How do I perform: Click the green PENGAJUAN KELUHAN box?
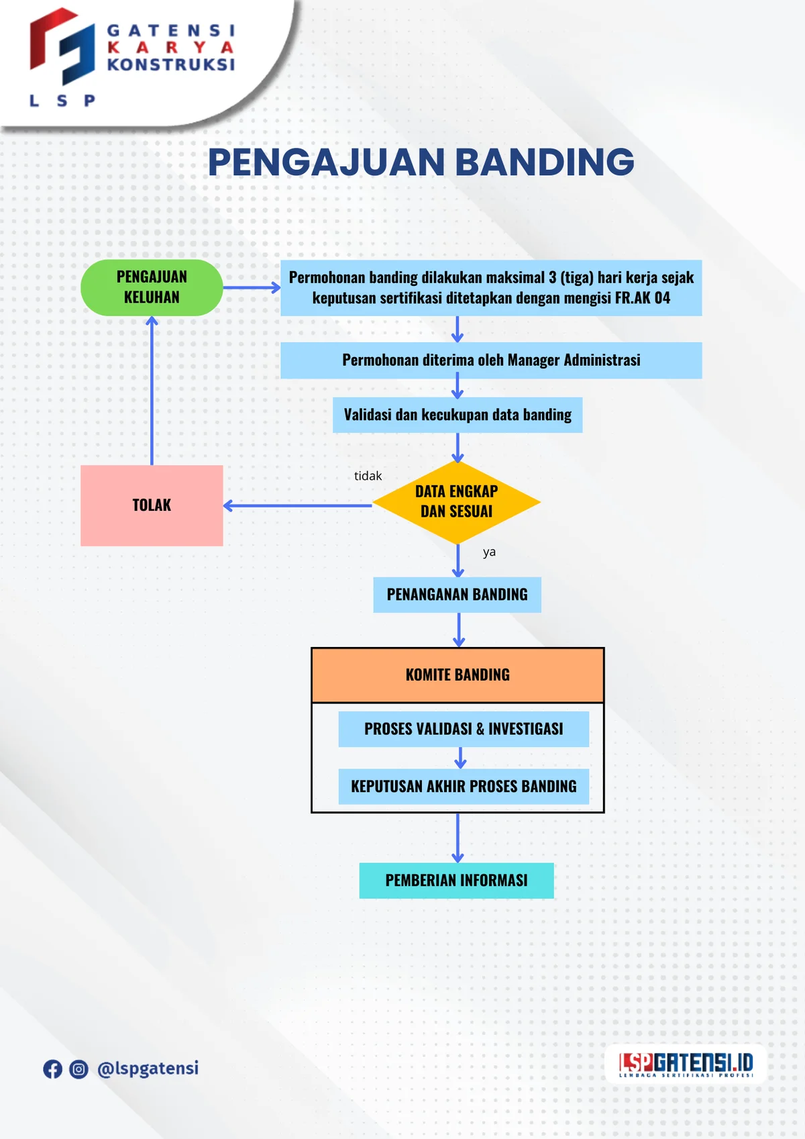click(x=152, y=287)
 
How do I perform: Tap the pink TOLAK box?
click(x=152, y=505)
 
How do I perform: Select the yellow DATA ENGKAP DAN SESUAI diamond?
click(x=456, y=501)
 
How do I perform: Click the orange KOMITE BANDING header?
click(x=458, y=675)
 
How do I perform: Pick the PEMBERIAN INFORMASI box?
click(x=456, y=880)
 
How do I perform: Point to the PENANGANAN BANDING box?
click(x=457, y=594)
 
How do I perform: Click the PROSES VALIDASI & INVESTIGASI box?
click(x=464, y=728)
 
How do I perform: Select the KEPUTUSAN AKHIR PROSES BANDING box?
click(x=464, y=786)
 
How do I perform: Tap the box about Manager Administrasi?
click(x=491, y=360)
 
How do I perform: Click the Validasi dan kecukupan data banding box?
click(x=458, y=414)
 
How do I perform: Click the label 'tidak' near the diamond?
click(x=368, y=476)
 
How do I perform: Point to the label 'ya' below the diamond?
click(x=489, y=552)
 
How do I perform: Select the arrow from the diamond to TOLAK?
click(x=297, y=505)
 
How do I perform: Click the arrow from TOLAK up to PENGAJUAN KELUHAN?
click(x=152, y=389)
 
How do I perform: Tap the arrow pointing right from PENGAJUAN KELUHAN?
click(x=252, y=287)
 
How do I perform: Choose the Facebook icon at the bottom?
click(x=52, y=1069)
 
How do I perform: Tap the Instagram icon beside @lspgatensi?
click(x=78, y=1069)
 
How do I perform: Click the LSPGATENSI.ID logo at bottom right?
click(x=686, y=1064)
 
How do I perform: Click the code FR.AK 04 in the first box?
click(x=642, y=298)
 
